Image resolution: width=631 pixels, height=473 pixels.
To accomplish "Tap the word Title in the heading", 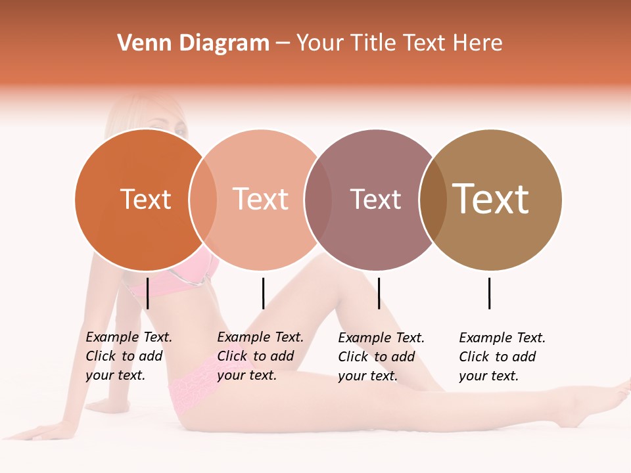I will coord(375,43).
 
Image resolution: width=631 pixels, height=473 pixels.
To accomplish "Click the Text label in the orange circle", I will coord(145,199).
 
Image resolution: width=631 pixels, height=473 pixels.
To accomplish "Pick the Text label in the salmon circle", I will coord(260,199).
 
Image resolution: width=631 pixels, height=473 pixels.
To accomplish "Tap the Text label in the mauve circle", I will coord(375,199).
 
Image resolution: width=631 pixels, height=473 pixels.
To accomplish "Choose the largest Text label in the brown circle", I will coord(491,199).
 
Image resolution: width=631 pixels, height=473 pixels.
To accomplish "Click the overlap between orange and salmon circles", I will coord(203,200).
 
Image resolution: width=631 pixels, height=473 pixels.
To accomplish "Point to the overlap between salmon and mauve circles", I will coord(318,200).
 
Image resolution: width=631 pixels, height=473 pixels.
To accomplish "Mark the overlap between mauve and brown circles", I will coord(433,200).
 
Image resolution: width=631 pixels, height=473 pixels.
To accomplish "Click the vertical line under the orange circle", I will coord(148,293).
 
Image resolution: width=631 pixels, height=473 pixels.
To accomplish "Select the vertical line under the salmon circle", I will coord(263,293).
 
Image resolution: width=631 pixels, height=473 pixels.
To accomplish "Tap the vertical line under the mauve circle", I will coord(379,293).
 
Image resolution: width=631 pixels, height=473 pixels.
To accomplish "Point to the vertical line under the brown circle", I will coord(489,293).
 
